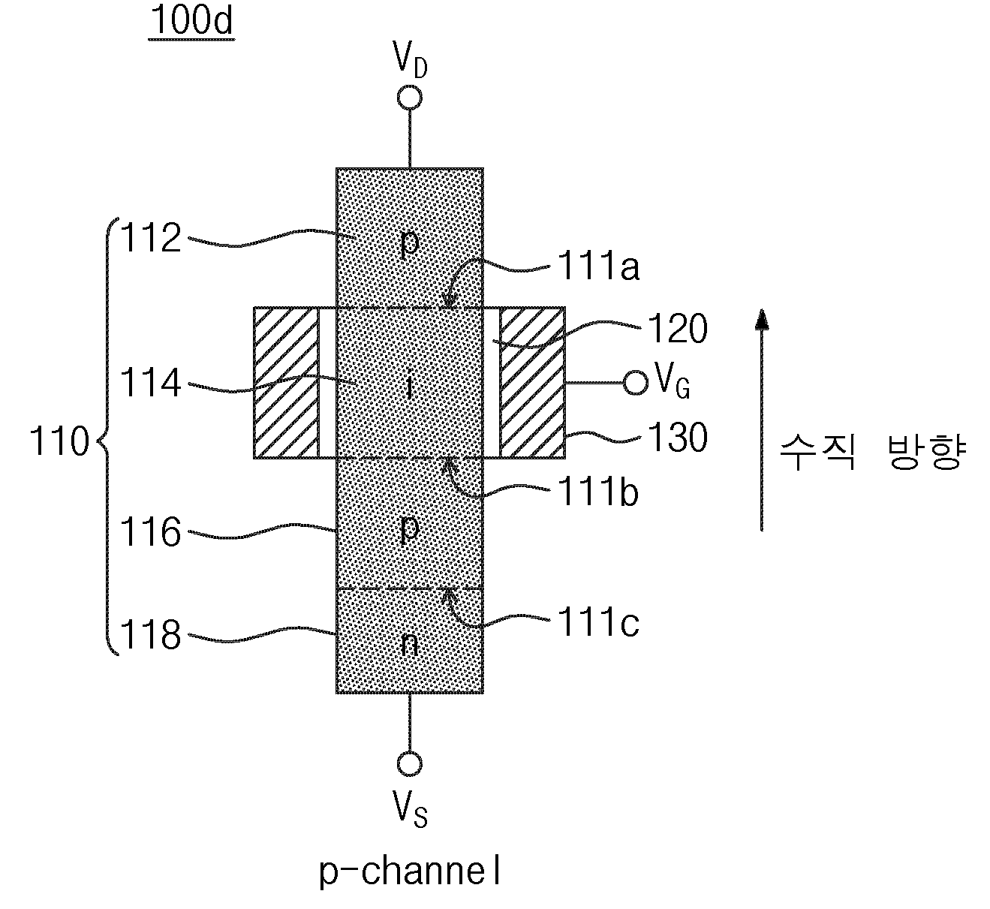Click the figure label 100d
191,21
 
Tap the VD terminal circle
410,98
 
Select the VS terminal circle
410,764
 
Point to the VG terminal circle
635,383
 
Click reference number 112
151,238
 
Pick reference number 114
151,383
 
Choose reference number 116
151,532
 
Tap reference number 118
151,634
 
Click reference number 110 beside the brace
59,441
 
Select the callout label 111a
598,266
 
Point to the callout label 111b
598,492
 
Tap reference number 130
677,437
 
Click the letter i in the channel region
409,384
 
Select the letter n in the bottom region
409,644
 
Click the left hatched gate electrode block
286,383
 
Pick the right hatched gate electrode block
532,383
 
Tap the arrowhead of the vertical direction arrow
762,319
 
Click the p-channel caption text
410,871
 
